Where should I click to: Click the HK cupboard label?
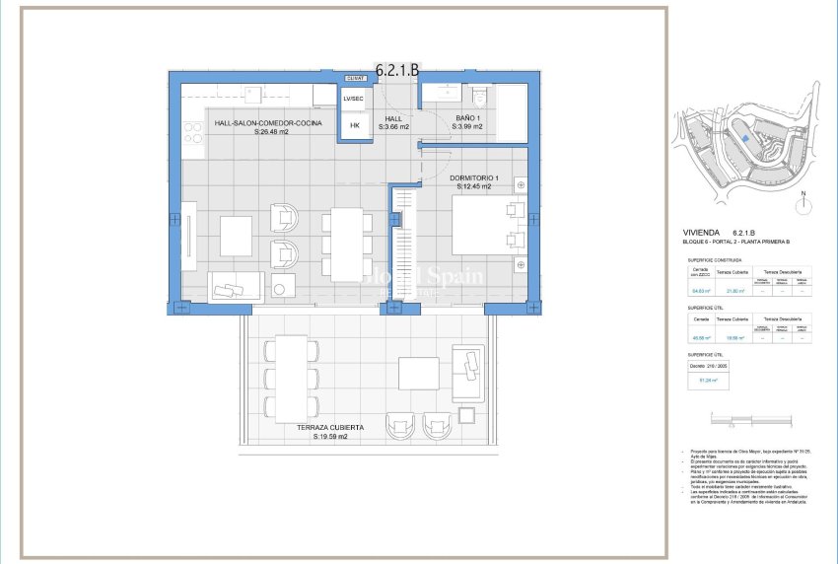(355, 125)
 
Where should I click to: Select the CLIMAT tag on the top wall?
(355, 78)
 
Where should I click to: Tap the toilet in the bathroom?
(480, 95)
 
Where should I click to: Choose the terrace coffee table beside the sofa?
(418, 373)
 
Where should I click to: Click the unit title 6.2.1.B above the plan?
(398, 70)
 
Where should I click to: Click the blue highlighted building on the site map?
(745, 139)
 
